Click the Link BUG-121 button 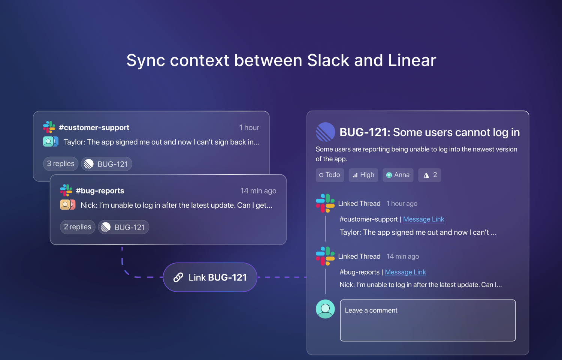coord(210,277)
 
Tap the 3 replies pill coord(61,163)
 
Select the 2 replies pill coord(78,227)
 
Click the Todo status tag coord(330,175)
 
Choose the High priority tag coord(363,175)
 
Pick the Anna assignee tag coord(398,175)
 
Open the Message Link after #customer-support coord(423,219)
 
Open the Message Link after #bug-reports coord(405,272)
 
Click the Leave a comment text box coord(428,320)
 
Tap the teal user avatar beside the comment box coord(325,309)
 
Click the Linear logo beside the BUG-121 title coord(326,132)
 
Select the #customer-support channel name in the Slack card coord(94,127)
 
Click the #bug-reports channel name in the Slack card coord(100,191)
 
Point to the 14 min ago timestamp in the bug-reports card coord(259,191)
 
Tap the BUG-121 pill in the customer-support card coord(106,164)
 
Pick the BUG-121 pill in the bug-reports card coord(123,227)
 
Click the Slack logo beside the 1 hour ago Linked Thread coord(325,203)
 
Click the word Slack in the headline coord(328,60)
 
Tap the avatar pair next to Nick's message coord(67,205)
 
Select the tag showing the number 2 coord(429,175)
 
